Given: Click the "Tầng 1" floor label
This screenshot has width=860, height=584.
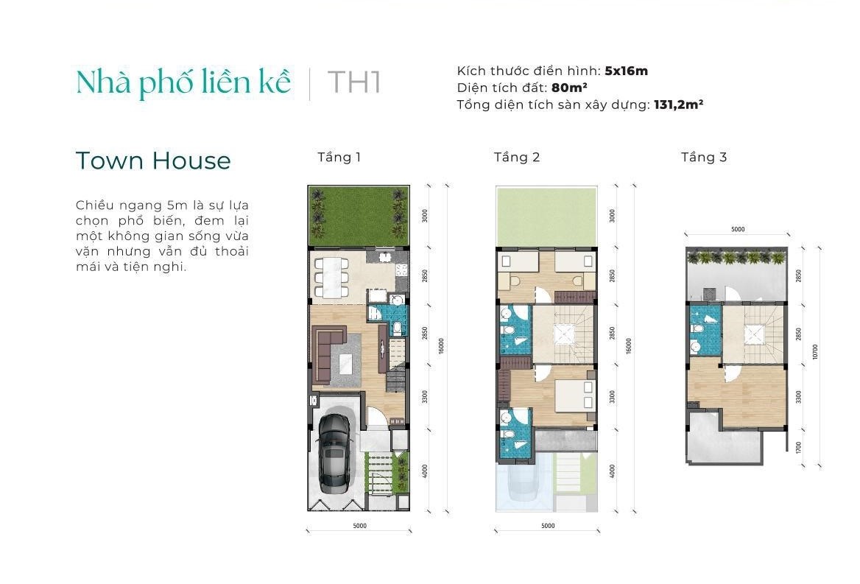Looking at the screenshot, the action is [339, 158].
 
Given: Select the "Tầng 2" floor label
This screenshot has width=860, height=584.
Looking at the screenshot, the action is [517, 158].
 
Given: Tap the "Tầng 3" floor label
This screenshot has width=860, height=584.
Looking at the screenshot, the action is [704, 158].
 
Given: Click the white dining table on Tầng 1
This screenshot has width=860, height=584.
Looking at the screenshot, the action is [330, 278].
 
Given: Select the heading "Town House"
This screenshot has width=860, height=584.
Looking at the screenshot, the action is [153, 161].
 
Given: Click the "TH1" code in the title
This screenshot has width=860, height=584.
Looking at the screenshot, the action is [353, 82].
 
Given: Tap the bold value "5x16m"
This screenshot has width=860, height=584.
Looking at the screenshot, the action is [627, 71].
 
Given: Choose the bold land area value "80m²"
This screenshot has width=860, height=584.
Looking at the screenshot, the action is [569, 88].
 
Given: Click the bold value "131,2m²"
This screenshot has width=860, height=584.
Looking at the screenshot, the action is [678, 105].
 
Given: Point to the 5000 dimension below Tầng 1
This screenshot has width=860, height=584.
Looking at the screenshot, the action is [360, 526].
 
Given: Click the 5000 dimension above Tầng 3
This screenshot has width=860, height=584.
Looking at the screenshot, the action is [738, 229].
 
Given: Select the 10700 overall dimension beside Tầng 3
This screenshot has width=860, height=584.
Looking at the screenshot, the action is [815, 351].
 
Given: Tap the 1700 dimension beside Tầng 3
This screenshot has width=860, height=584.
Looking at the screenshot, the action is [799, 448].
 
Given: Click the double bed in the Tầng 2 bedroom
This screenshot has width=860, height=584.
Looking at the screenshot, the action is [575, 395].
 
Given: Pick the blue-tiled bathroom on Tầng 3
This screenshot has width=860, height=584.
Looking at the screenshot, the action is [704, 330].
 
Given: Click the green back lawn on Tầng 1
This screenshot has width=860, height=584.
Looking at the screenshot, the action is [359, 217].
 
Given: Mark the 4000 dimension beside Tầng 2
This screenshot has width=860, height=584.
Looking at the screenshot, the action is [612, 471].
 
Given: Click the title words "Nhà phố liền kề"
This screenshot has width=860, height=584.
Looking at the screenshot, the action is [183, 82].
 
